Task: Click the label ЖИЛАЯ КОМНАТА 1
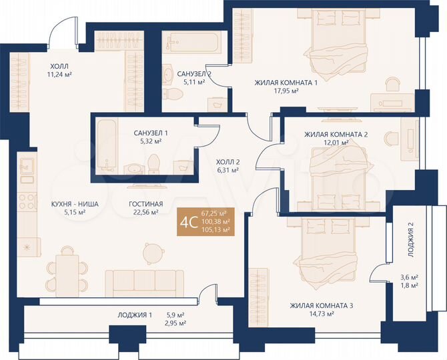pyautogui.click(x=286, y=83)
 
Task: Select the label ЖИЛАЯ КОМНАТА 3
pyautogui.click(x=321, y=305)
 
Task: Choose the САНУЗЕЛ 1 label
pyautogui.click(x=150, y=133)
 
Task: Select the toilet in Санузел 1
pyautogui.click(x=154, y=164)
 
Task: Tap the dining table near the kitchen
pyautogui.click(x=67, y=270)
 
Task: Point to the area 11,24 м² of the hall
pyautogui.click(x=59, y=75)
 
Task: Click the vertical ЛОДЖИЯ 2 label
pyautogui.click(x=411, y=239)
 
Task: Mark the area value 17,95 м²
pyautogui.click(x=285, y=91)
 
